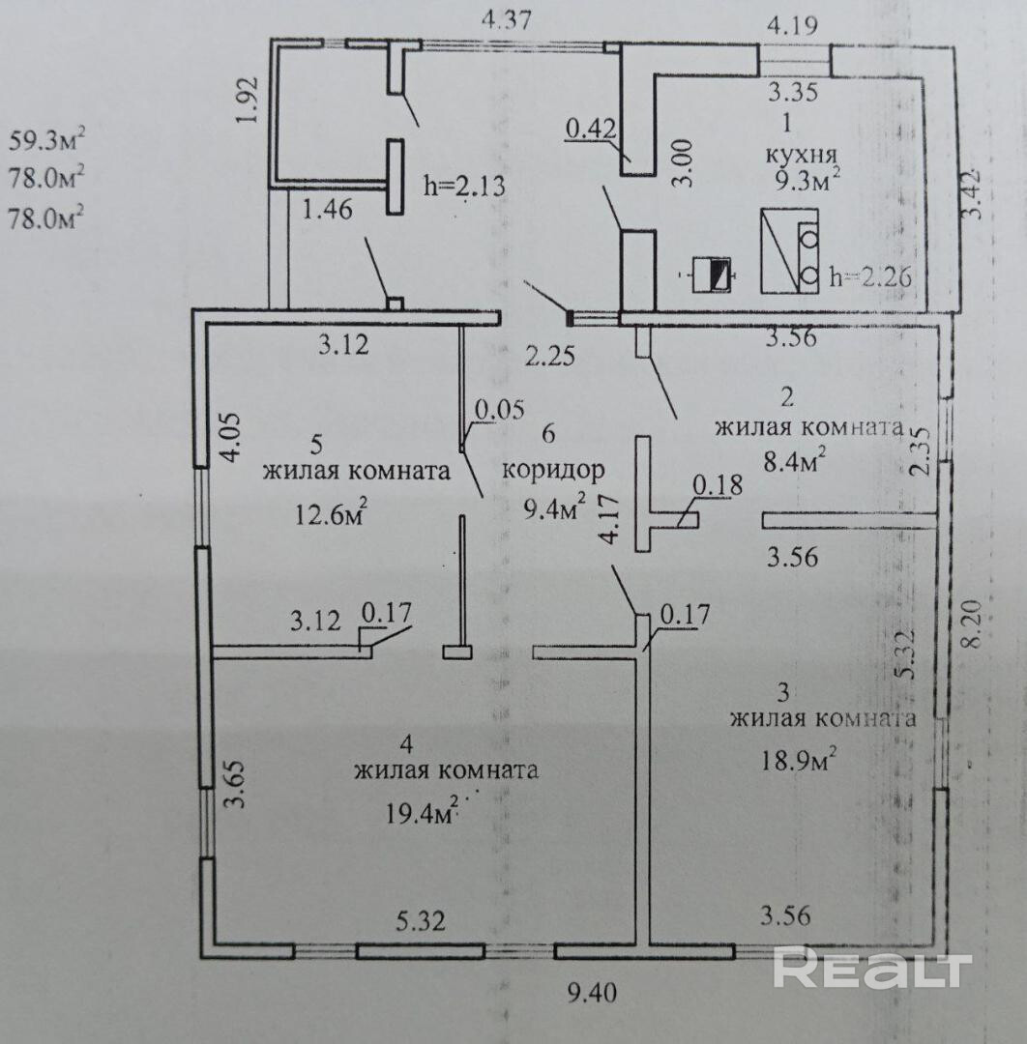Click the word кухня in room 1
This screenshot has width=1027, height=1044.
coord(800,155)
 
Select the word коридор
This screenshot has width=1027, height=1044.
coord(554,471)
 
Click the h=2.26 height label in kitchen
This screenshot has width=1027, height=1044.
coord(872,276)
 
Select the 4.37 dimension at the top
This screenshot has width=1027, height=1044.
coord(510,18)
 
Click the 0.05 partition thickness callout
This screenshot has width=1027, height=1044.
coord(498,410)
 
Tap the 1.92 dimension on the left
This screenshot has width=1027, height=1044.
coord(249,99)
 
